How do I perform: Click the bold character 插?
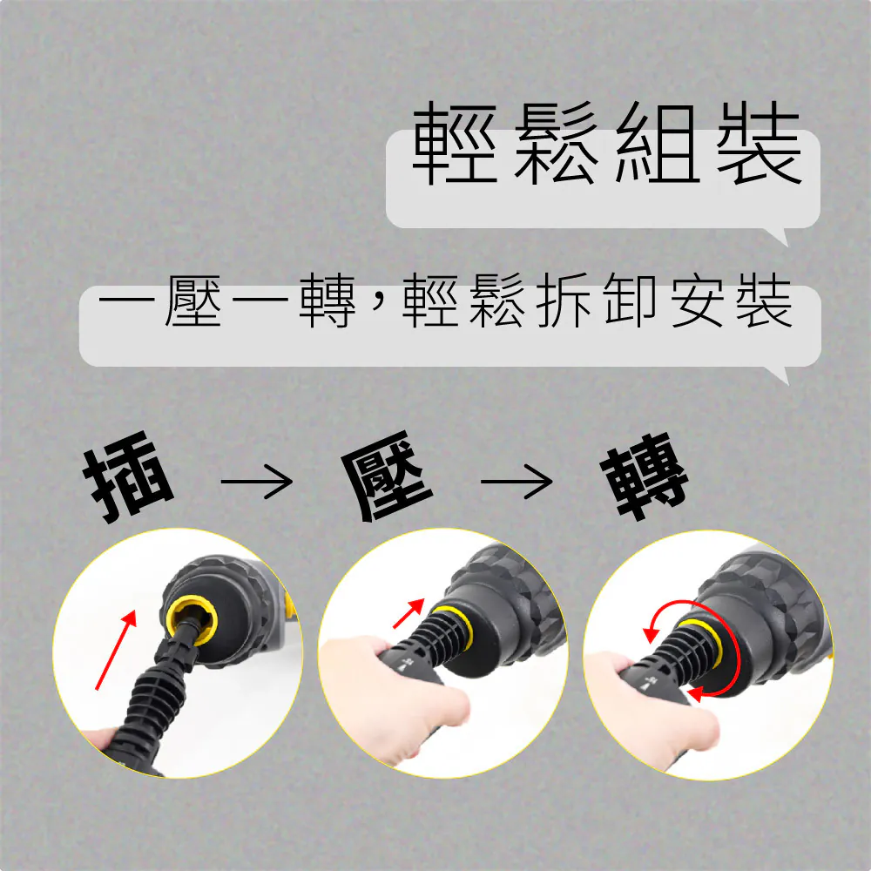tap(128, 476)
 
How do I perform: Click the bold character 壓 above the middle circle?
tap(388, 476)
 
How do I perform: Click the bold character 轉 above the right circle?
tap(645, 476)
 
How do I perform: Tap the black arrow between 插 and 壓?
tap(257, 481)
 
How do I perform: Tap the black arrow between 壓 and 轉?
tap(517, 481)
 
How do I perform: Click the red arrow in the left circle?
tap(116, 650)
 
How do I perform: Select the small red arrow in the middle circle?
tap(408, 613)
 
